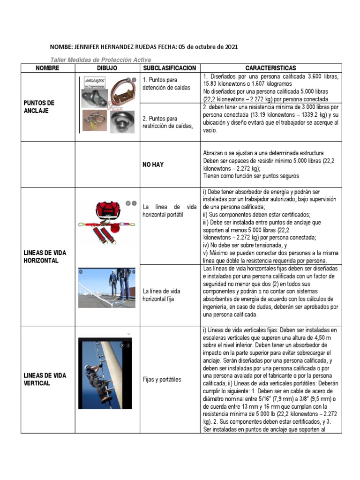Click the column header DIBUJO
click(107, 68)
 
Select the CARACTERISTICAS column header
click(270, 68)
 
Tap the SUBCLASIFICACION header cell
click(169, 68)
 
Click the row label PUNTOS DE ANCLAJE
click(39, 107)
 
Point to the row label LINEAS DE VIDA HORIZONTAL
click(45, 256)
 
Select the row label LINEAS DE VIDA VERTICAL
click(45, 379)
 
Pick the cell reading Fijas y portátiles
click(162, 379)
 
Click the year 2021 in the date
click(230, 47)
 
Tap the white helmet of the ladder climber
click(88, 367)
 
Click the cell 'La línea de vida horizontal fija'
click(161, 295)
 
